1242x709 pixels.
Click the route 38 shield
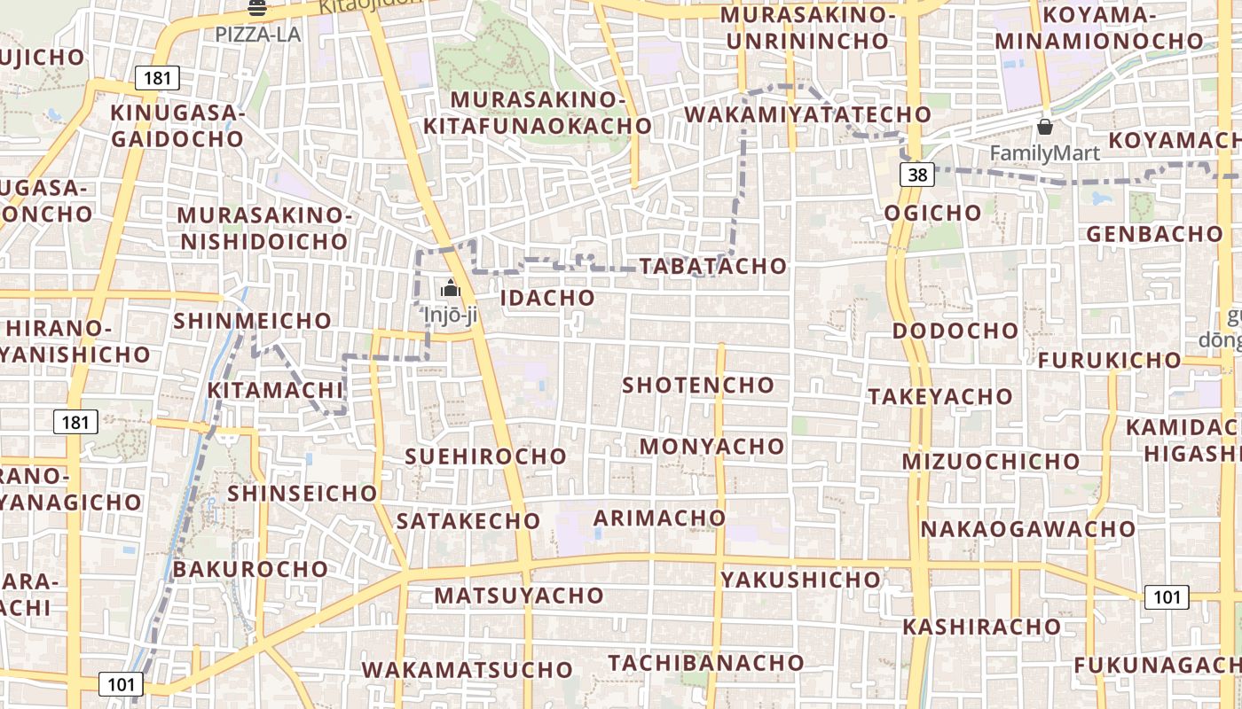pos(917,175)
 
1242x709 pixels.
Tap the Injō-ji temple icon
pos(450,289)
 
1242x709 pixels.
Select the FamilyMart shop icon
pos(1045,128)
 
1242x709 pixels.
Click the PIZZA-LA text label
pos(258,35)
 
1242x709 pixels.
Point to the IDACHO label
pos(547,298)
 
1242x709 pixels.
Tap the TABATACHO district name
pos(713,266)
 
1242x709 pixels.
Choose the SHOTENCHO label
pos(698,386)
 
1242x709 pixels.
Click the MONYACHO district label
pos(712,446)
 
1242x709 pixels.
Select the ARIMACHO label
pos(659,518)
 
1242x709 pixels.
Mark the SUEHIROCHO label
pos(485,456)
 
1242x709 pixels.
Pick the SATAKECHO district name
pos(468,521)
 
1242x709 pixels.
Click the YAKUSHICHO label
pos(801,580)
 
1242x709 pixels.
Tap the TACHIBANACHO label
pos(706,662)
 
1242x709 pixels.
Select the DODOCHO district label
pos(955,331)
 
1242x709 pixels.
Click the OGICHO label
pos(932,213)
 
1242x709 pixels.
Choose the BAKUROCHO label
pos(250,569)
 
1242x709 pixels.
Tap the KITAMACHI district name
pos(275,390)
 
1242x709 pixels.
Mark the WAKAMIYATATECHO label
pos(807,114)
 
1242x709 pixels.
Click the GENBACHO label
pos(1154,234)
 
